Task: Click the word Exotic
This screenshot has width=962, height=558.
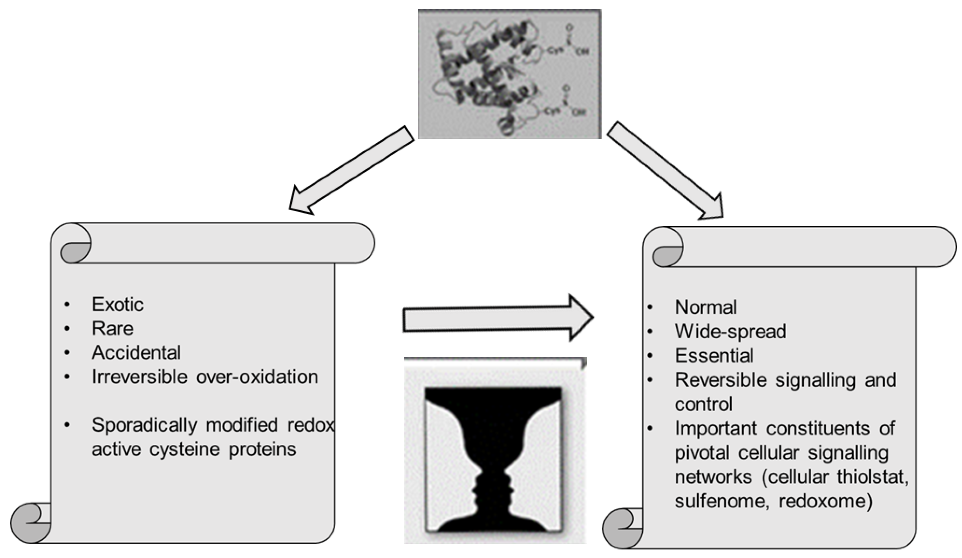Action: (118, 305)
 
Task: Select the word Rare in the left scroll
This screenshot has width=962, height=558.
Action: (113, 329)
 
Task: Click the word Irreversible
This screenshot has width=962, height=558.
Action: (139, 377)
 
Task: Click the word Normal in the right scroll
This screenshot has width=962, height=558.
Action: (706, 308)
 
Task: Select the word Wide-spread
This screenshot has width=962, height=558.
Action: (730, 332)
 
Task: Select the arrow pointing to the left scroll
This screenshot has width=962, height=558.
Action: (351, 170)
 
